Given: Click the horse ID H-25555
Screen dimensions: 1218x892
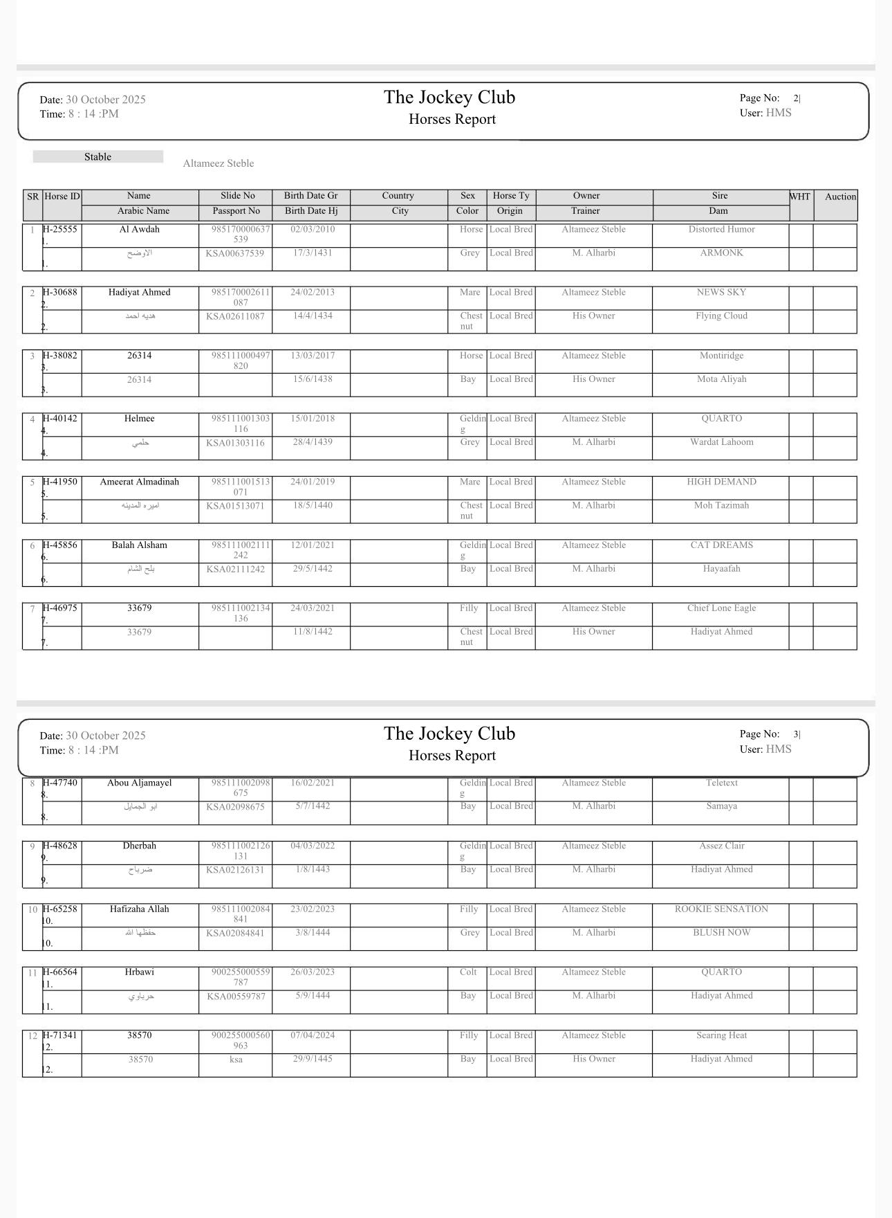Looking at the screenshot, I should click(x=60, y=229).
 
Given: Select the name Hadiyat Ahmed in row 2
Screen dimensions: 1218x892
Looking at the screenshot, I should click(x=139, y=292).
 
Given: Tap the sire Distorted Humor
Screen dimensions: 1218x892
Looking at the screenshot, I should click(x=721, y=229).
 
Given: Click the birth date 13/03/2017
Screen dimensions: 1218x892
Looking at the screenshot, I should click(x=313, y=356).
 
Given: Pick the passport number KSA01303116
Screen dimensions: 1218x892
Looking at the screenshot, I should click(x=235, y=443).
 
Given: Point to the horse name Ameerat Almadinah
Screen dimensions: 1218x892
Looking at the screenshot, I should click(x=139, y=482).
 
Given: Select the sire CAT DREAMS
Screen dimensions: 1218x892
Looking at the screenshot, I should click(x=721, y=545).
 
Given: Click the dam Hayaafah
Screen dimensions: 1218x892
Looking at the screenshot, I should click(x=721, y=569).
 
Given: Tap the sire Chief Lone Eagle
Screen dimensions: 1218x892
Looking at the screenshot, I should click(x=721, y=608).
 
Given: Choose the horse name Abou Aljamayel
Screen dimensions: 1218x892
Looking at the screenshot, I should click(x=139, y=783).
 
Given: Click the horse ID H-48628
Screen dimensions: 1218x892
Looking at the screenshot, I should click(x=60, y=846).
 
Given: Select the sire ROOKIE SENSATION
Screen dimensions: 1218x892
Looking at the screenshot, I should click(x=721, y=909).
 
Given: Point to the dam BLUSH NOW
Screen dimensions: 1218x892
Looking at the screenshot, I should click(x=721, y=933).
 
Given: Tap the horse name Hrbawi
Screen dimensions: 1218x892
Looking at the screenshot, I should click(x=139, y=972).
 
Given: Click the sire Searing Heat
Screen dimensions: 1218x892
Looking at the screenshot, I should click(x=721, y=1035).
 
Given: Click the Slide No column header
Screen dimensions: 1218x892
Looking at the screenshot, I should click(x=238, y=196).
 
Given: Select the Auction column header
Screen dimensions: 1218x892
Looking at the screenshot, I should click(x=840, y=197).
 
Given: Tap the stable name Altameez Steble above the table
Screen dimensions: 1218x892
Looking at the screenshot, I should click(x=219, y=163).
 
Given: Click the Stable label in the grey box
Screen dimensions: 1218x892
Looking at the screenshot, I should click(x=98, y=157).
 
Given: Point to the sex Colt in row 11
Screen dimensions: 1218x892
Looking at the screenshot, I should click(x=468, y=972).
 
